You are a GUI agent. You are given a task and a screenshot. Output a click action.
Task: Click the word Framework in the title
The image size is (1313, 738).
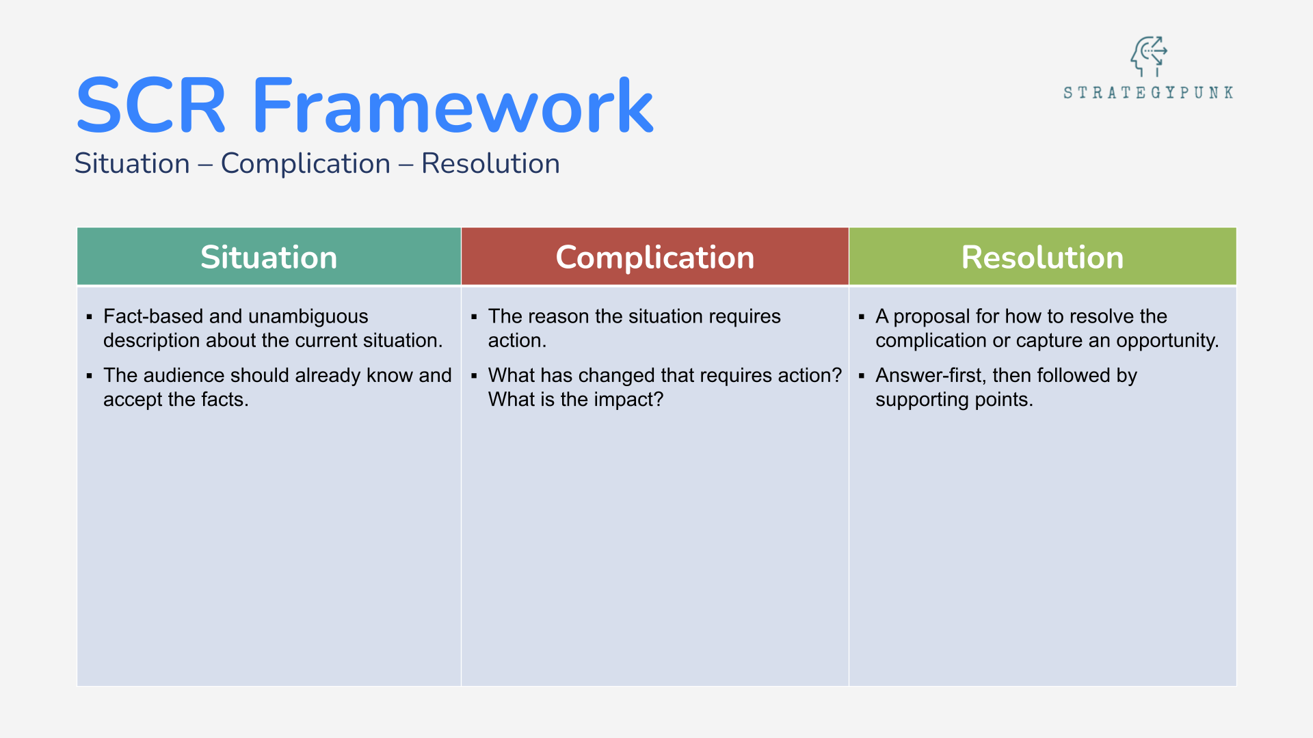point(453,107)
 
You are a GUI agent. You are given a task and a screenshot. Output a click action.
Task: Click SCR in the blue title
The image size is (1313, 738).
point(150,107)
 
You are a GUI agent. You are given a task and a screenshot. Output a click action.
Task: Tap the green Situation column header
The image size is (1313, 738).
point(269,257)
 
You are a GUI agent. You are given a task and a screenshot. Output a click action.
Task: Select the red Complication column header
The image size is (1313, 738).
point(654,257)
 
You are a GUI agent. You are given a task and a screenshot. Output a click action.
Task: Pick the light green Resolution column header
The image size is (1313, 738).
point(1042,257)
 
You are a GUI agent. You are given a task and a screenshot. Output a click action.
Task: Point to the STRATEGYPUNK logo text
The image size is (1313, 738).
point(1148,93)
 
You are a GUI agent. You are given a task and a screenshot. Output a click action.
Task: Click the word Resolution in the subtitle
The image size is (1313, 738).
point(490,164)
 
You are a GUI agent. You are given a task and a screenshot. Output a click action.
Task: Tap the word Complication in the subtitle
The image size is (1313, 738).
point(305,164)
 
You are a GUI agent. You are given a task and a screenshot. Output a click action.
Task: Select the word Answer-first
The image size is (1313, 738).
point(929,375)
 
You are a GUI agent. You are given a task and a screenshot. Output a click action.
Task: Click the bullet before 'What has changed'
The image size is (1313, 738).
point(474,376)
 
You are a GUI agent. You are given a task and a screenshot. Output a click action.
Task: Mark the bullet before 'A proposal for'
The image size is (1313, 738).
point(862,317)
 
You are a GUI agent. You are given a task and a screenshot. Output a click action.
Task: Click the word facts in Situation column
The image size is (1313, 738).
point(224,399)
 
